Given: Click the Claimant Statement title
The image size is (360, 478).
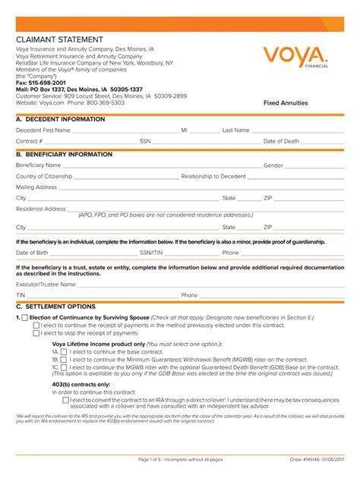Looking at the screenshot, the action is pos(61,39).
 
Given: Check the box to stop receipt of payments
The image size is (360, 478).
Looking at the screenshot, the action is pos(36,332).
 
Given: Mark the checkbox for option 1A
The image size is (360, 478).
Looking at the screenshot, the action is pos(64,352).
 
